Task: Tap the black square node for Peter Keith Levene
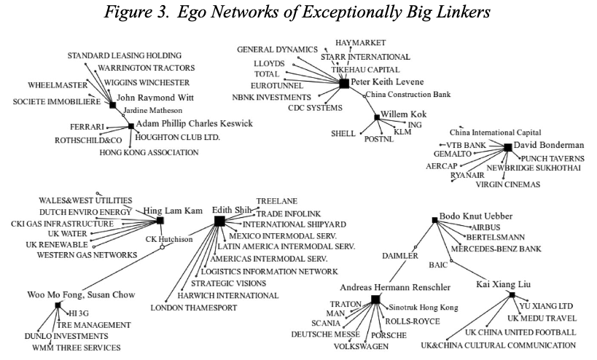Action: point(344,84)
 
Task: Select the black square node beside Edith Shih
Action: point(219,221)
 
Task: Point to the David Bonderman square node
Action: point(508,147)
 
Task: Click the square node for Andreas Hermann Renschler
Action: point(375,300)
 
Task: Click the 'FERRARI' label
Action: point(87,127)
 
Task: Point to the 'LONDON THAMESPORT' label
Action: point(194,308)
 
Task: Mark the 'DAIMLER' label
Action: point(401,256)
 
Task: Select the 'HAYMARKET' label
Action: point(360,43)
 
